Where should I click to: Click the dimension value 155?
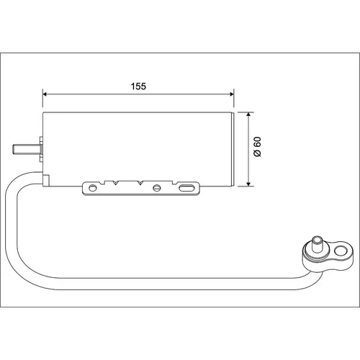pos(138,86)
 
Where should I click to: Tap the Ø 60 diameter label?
pos(257,147)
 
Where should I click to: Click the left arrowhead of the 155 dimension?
pos(45,94)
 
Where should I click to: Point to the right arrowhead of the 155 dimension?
pos(232,94)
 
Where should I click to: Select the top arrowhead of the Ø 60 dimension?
pos(248,114)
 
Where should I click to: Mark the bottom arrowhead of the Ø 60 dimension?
pos(248,184)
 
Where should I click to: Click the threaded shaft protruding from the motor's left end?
pos(25,149)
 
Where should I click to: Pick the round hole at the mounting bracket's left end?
pos(92,188)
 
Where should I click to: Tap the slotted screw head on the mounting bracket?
pos(156,188)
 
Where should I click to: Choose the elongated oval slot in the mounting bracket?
pos(187,188)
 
